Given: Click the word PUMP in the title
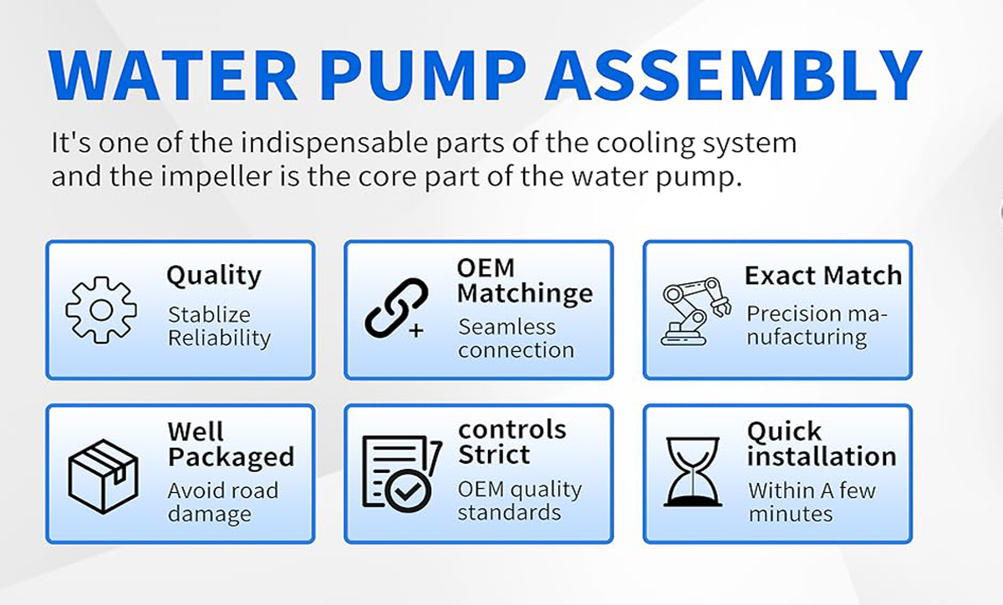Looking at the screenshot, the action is point(422,74).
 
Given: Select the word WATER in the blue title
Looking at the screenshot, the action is point(173,74).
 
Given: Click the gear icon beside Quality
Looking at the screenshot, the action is point(101,310).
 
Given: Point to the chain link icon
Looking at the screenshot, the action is point(396,308).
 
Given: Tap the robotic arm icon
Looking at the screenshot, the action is point(695,312).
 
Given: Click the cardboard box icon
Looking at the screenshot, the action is point(103,476).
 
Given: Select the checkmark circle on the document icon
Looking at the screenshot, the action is point(408,491).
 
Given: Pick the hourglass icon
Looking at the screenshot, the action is point(693,472).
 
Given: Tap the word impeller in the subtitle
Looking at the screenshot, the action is point(216,176).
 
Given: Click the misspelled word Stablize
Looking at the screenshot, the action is point(209,314).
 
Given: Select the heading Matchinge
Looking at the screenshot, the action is point(525,295).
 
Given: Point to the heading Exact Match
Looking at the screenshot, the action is point(823,275).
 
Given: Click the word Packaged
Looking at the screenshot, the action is point(231,458).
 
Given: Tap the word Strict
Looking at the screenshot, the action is point(494,455).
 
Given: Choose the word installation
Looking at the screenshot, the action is point(822,456).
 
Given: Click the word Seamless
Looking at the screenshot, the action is point(507,327).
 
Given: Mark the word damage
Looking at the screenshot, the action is point(210,515).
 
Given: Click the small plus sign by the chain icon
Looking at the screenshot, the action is point(416,331).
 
